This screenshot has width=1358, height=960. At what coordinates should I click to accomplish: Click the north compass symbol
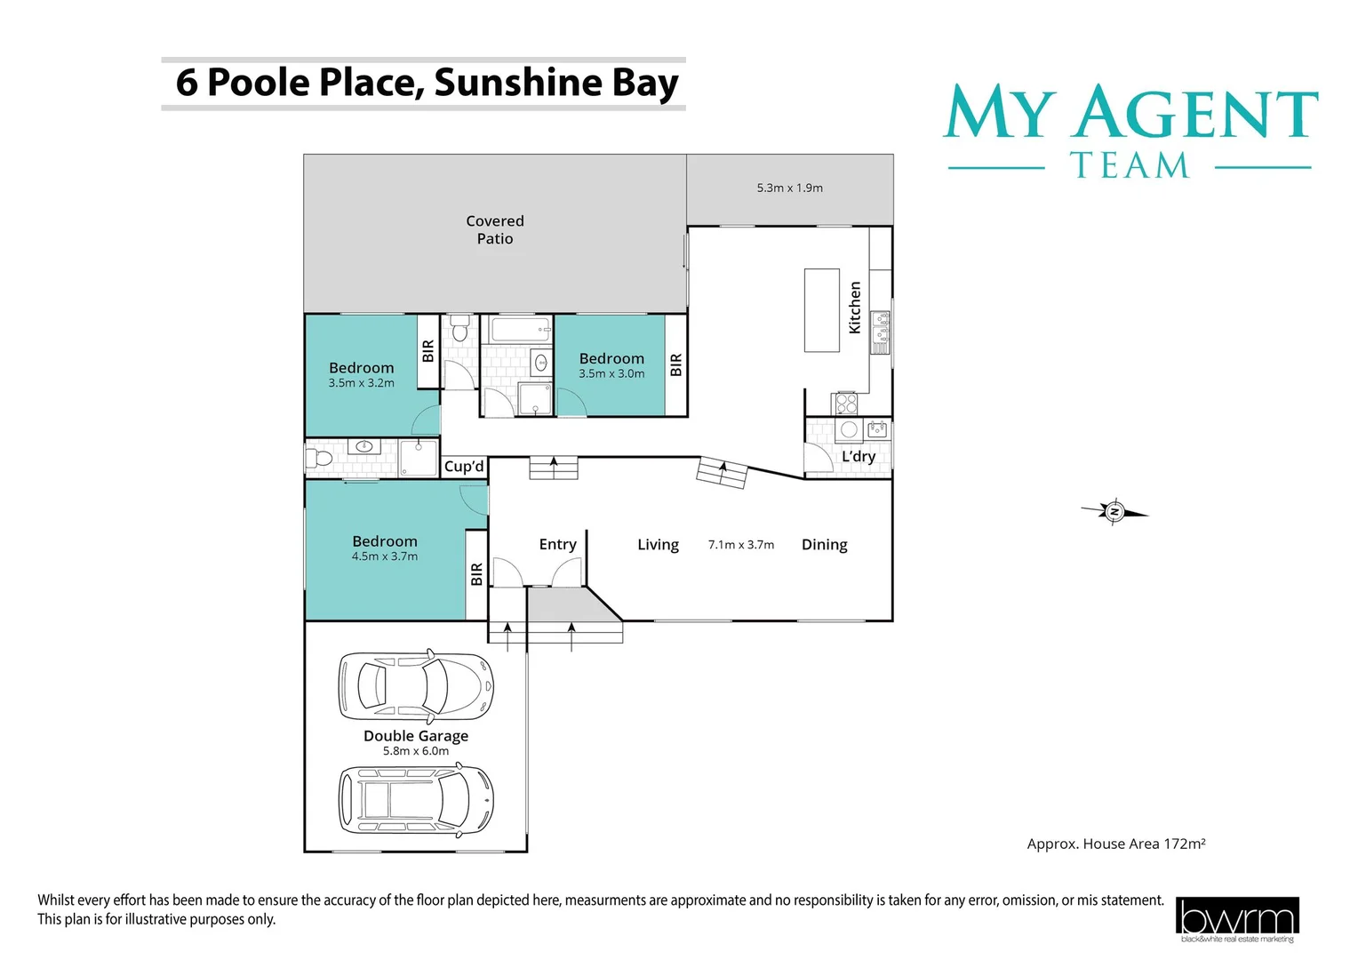coord(1114,511)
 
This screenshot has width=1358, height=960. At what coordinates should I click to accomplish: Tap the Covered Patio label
coord(495,229)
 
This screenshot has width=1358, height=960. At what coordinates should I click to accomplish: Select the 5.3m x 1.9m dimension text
coord(789,188)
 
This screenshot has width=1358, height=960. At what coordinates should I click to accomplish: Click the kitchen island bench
coord(822,310)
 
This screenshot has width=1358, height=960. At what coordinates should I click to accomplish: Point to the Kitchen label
coord(855,308)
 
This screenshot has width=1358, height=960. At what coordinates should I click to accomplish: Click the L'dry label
coord(859,456)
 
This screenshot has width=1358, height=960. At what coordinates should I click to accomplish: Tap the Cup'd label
coord(464,467)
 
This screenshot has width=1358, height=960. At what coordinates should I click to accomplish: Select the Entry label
coord(557,544)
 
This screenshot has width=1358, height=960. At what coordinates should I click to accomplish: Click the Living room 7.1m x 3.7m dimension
coord(740,545)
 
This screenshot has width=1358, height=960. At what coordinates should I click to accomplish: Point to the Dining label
coord(824,544)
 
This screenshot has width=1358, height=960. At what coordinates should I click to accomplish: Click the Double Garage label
coord(415,736)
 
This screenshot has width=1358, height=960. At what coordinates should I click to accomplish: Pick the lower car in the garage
coord(415,800)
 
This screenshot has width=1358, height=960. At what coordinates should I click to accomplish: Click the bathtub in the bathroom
coord(516,332)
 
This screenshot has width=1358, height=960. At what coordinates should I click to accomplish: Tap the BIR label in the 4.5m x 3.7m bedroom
coord(476,573)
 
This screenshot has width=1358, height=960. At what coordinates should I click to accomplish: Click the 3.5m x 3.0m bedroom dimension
coord(611,374)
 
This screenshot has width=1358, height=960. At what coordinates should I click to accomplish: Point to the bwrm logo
coord(1236,919)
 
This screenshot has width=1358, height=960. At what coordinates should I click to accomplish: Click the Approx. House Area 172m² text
coord(1115,844)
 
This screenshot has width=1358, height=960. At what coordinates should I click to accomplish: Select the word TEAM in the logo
coord(1129,166)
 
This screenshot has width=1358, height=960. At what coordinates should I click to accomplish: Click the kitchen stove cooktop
coord(845,404)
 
